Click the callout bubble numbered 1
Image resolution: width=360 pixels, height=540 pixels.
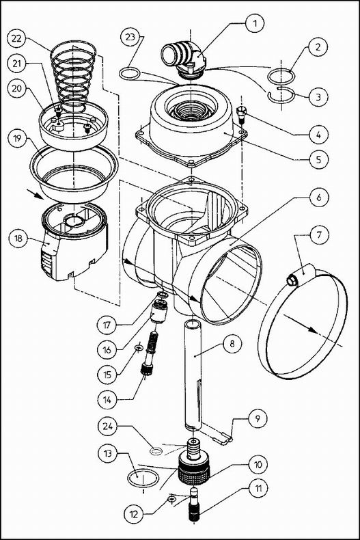pyautogui.click(x=255, y=23)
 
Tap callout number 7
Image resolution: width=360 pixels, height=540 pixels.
pyautogui.click(x=319, y=235)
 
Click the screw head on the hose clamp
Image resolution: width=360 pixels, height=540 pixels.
pyautogui.click(x=292, y=280)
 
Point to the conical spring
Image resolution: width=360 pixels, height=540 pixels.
pyautogui.click(x=73, y=77)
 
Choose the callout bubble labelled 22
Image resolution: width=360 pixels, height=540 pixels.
pyautogui.click(x=17, y=38)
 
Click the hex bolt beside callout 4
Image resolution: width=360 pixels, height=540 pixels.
pyautogui.click(x=241, y=115)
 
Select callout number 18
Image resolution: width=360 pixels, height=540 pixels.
pyautogui.click(x=16, y=239)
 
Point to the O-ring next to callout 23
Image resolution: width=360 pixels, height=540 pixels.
pyautogui.click(x=130, y=73)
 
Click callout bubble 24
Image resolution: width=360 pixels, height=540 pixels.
pyautogui.click(x=108, y=427)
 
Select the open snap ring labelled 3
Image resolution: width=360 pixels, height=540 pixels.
pyautogui.click(x=281, y=96)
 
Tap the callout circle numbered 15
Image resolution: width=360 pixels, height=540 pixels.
pyautogui.click(x=108, y=374)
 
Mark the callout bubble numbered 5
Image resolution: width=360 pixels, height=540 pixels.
pyautogui.click(x=318, y=159)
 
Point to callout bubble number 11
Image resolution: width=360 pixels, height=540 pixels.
pyautogui.click(x=258, y=488)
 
